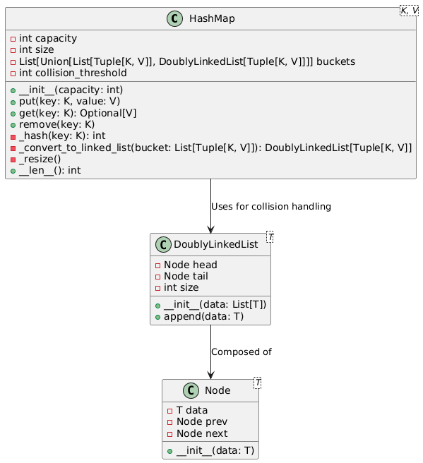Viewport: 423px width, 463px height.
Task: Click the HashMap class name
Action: click(x=212, y=18)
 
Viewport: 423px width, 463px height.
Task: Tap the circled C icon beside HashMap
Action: click(x=174, y=18)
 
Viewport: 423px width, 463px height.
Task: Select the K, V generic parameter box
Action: click(x=409, y=11)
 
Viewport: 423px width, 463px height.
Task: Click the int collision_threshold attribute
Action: click(x=73, y=73)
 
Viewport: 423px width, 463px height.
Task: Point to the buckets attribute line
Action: click(x=187, y=61)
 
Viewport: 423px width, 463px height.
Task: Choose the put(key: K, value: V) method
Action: click(x=69, y=102)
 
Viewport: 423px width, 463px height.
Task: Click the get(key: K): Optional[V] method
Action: click(x=78, y=113)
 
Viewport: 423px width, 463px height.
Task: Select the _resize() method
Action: click(x=40, y=159)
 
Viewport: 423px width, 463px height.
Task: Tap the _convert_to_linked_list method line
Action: click(x=215, y=148)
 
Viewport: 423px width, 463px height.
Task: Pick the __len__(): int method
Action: click(x=50, y=170)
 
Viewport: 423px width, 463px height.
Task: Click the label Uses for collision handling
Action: click(x=271, y=206)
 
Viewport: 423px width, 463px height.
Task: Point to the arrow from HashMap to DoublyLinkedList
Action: click(x=210, y=206)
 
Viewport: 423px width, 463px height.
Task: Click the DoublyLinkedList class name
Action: click(x=215, y=244)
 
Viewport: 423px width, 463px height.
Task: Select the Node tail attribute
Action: click(x=186, y=276)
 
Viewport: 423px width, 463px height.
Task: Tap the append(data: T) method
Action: click(x=204, y=316)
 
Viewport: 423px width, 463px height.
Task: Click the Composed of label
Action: click(x=242, y=352)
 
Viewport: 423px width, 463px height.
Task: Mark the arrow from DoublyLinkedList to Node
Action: click(x=210, y=352)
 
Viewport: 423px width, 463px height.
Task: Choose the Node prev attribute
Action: click(x=202, y=421)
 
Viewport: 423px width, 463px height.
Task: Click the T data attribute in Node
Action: click(x=192, y=410)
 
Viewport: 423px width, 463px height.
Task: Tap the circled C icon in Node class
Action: click(x=191, y=390)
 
